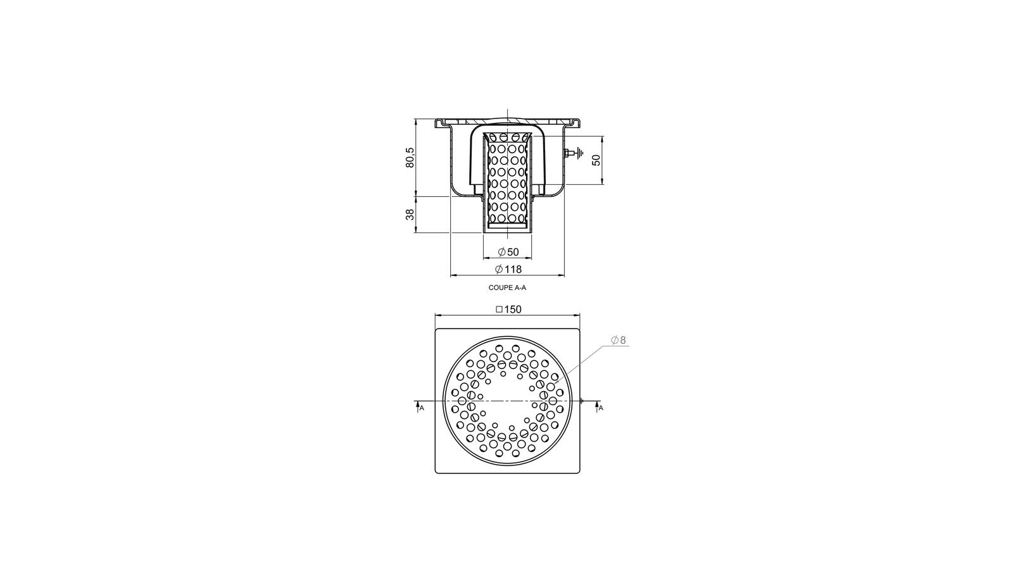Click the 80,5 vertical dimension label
[410, 157]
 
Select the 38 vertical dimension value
[410, 215]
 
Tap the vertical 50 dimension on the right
[596, 160]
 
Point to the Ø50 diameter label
[508, 252]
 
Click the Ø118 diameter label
[508, 269]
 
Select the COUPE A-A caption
[507, 287]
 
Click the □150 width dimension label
[508, 310]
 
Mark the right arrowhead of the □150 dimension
[577, 315]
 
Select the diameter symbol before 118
[499, 269]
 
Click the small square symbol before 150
[499, 310]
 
